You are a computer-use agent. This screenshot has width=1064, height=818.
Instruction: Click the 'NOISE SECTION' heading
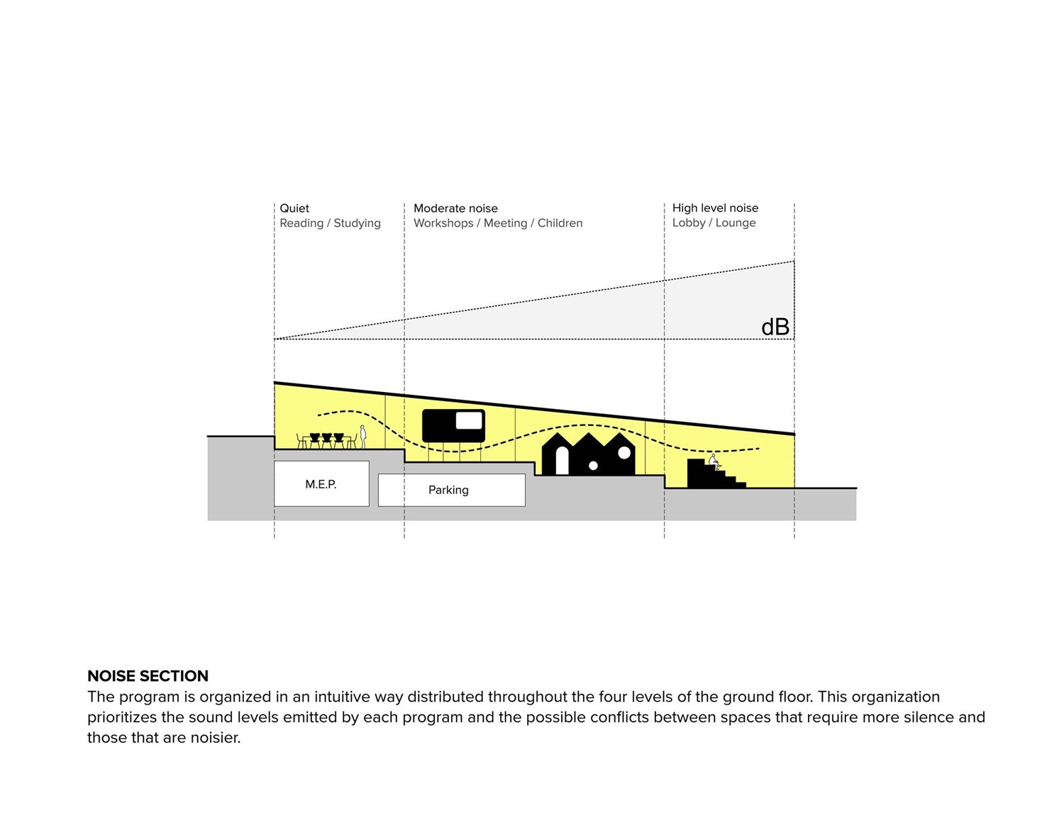[148, 676]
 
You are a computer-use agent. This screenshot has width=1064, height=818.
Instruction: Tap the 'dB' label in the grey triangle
[775, 327]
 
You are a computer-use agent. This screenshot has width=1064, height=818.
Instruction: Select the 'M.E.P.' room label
[321, 484]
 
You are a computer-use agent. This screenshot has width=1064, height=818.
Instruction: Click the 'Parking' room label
[448, 490]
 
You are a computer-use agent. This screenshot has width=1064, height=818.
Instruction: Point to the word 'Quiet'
[294, 208]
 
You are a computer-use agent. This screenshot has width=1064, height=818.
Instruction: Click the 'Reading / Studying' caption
[330, 223]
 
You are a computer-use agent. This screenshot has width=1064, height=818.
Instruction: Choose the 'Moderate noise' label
[455, 208]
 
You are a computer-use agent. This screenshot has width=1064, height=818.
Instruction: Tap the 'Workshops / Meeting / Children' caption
[498, 223]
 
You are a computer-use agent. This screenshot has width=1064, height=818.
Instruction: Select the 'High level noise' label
[715, 208]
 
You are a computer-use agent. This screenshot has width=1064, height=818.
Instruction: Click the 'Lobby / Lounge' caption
[714, 223]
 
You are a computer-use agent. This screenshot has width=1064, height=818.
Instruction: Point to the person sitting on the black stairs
[714, 462]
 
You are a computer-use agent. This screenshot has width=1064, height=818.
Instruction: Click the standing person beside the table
[363, 436]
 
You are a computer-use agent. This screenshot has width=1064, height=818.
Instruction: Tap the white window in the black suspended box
[468, 420]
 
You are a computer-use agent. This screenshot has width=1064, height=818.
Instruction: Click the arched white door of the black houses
[562, 461]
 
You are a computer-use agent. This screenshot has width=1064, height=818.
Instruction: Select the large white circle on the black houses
[624, 452]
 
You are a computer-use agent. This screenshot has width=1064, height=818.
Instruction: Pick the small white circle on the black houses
[593, 466]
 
